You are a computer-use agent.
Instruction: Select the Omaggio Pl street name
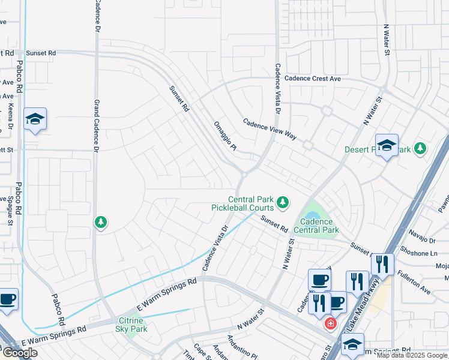point(226,135)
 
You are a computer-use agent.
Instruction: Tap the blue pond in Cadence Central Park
point(312,215)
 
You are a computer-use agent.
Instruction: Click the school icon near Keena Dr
point(35,119)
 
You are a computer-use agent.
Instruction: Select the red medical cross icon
point(330,324)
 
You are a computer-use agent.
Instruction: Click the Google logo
point(20,353)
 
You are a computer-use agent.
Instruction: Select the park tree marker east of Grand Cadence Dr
point(101,223)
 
